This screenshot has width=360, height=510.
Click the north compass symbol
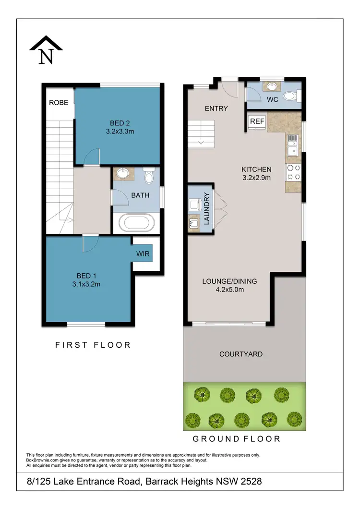pyautogui.click(x=46, y=50)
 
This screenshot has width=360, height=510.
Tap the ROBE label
pyautogui.click(x=59, y=102)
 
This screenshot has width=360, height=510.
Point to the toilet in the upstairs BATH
pyautogui.click(x=148, y=177)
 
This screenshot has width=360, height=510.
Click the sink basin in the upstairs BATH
pyautogui.click(x=122, y=173)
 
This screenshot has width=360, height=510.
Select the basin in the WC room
pyautogui.click(x=272, y=87)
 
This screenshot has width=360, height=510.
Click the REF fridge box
pyautogui.click(x=257, y=121)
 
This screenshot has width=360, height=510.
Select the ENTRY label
pyautogui.click(x=216, y=109)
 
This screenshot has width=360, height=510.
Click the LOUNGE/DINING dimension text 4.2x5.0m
pyautogui.click(x=230, y=290)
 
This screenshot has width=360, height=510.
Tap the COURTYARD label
pyautogui.click(x=240, y=354)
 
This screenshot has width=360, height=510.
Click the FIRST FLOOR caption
pyautogui.click(x=93, y=345)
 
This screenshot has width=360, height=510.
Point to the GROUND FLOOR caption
pyautogui.click(x=236, y=438)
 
